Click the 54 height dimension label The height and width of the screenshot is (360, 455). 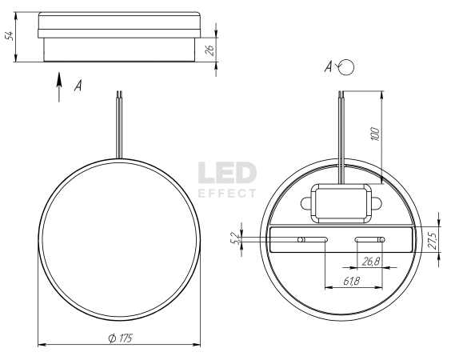[x=10, y=36]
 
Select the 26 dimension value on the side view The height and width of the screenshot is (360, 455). [x=210, y=50]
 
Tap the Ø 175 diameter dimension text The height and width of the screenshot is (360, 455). [x=121, y=338]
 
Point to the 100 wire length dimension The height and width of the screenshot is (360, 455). [x=375, y=134]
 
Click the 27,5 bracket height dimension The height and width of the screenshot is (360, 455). [x=433, y=240]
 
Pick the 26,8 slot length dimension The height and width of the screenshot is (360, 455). [x=371, y=262]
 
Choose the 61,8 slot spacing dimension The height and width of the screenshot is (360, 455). [x=352, y=281]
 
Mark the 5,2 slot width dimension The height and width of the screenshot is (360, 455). [x=236, y=238]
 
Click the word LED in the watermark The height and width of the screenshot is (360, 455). [x=227, y=173]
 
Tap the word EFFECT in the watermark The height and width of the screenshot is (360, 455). [x=227, y=194]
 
